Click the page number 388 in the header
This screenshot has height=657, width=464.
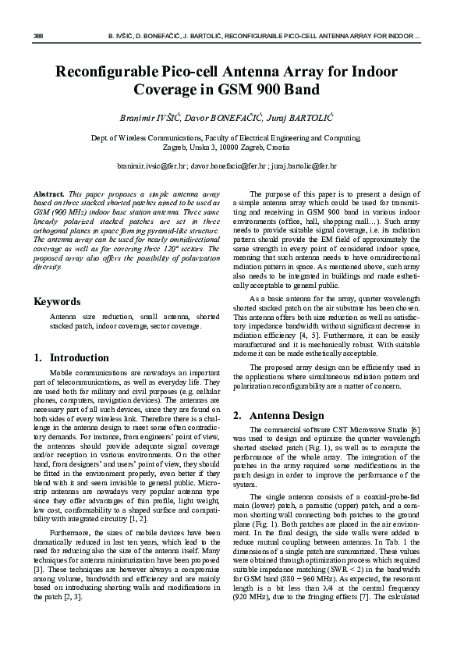37,37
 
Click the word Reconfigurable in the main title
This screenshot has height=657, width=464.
114,73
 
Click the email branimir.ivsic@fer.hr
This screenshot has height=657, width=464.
152,166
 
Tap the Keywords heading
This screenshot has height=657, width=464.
58,301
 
